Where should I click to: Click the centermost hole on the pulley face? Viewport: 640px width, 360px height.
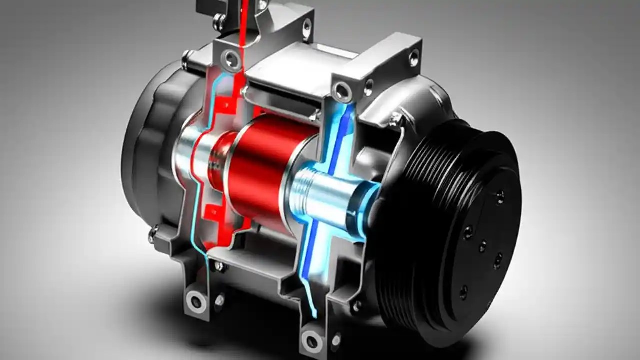tap(482, 246)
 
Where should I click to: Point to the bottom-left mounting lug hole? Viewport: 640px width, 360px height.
tap(196, 301)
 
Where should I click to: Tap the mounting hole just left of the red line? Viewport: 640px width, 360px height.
tap(231, 59)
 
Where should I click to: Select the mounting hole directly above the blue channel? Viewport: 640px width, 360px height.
tap(343, 91)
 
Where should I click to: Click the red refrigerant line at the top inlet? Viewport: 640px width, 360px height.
tap(244, 20)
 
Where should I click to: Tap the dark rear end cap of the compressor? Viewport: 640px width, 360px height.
tap(145, 145)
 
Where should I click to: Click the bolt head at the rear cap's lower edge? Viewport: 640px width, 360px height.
tap(153, 233)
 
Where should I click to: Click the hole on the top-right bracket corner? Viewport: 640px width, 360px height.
tap(414, 57)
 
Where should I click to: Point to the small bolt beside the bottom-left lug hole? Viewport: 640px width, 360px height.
tap(219, 300)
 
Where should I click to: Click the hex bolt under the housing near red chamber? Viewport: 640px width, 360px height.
tap(219, 266)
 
